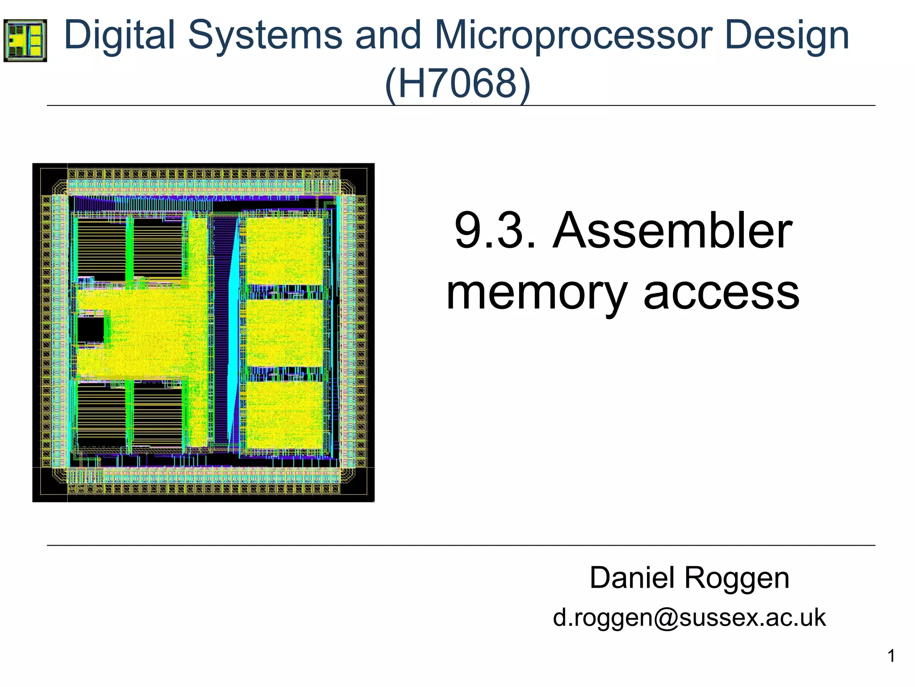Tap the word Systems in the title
coord(265,36)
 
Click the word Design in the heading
coord(787,36)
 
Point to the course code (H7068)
coord(457,84)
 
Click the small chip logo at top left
coord(25,40)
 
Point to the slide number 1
coord(891,656)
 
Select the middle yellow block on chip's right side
coord(285,333)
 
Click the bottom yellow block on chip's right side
coord(285,415)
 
